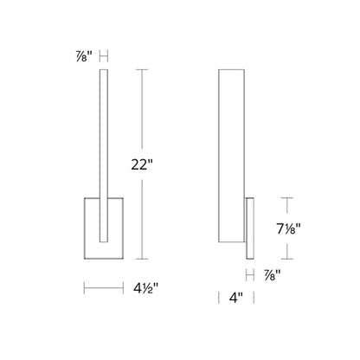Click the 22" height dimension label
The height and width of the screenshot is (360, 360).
142,164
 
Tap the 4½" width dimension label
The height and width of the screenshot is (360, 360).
146,288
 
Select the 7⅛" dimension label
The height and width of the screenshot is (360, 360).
289,229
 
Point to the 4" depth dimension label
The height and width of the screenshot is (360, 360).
236,298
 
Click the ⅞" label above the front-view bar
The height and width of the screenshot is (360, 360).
84,57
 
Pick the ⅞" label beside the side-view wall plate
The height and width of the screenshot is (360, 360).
273,275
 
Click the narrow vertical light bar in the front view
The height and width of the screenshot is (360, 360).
104,156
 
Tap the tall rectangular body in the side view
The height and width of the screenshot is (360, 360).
232,156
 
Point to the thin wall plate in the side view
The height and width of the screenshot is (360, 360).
250,228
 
